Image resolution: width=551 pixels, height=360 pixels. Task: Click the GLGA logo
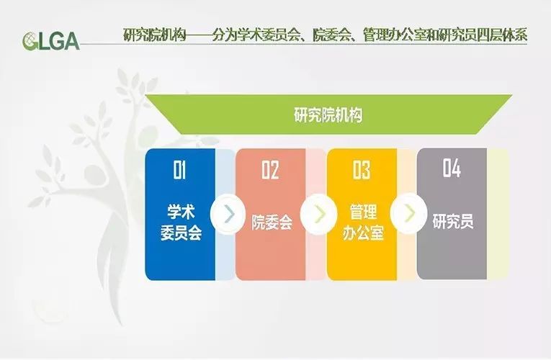coord(51,41)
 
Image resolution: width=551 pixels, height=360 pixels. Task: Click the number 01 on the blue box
coord(179,170)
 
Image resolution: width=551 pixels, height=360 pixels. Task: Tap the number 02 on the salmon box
coord(270,170)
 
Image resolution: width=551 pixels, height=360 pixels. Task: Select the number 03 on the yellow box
coord(362,170)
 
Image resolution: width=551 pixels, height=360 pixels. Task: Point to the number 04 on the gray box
coord(452,168)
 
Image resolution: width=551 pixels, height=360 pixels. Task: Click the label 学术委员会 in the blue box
coord(181,222)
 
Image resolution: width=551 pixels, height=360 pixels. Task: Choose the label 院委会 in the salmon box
coord(272,222)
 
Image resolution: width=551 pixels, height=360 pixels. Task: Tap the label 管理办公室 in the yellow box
coord(363,222)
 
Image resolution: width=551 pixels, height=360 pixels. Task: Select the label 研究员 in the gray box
coord(453,221)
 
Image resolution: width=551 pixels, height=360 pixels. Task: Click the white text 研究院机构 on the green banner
coord(328,115)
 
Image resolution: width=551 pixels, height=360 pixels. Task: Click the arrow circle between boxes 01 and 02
coord(228,214)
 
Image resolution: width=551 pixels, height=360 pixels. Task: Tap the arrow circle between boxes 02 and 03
coord(318,214)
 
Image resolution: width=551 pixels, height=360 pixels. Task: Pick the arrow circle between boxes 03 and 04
coord(408,213)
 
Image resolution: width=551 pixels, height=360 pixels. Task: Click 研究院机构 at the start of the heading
coord(154,35)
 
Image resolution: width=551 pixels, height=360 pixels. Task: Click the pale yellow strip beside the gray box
coord(498,214)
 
